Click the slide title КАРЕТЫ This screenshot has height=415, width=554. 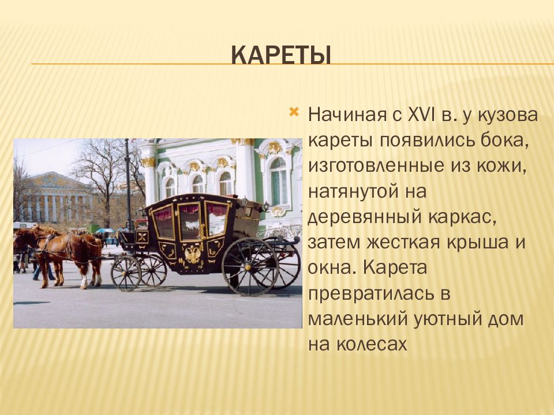[281, 55]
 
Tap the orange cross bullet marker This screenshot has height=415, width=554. [294, 112]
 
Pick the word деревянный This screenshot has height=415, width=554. [364, 217]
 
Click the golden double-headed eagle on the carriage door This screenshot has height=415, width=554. [193, 254]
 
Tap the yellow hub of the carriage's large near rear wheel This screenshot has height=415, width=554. [249, 267]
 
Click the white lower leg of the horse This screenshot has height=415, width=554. [84, 282]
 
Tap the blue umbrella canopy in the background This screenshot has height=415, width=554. [104, 231]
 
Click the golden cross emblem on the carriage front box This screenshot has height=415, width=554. [143, 236]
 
